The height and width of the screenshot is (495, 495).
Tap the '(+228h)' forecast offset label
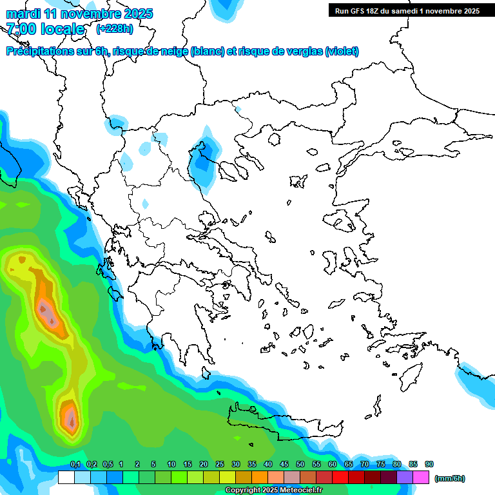115,29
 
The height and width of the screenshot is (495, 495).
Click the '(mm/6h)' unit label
450,478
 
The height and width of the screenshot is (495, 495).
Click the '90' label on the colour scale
429,465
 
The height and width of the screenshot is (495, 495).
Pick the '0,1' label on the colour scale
75,465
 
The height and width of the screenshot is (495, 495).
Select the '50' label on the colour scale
300,465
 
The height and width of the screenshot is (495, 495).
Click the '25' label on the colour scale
220,465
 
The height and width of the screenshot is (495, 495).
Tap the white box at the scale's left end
66,477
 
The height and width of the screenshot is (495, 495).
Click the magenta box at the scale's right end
421,477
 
